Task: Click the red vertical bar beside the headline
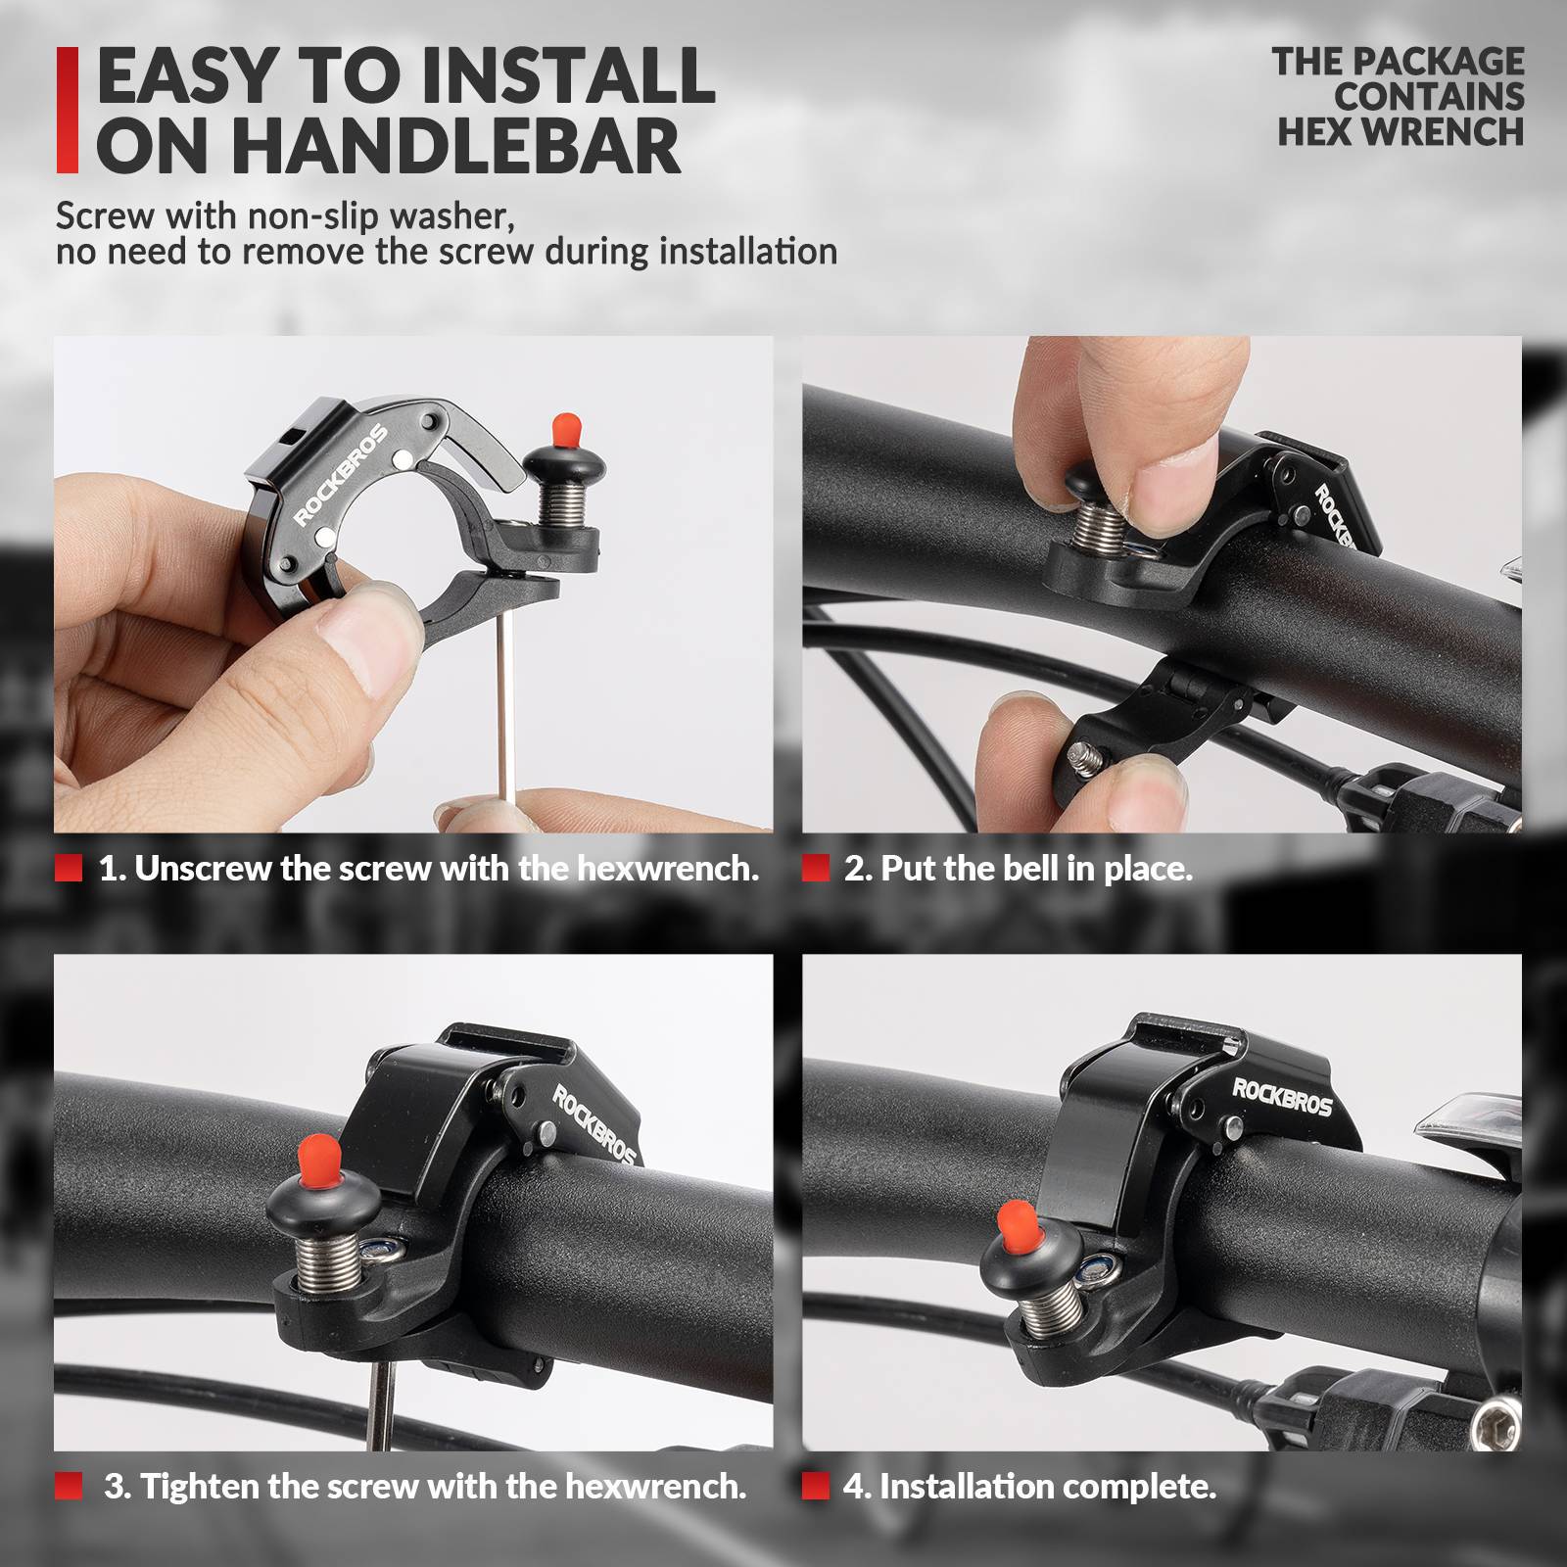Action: click(67, 110)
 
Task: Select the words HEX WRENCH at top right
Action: click(1401, 132)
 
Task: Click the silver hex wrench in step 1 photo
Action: click(505, 705)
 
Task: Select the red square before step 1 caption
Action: click(69, 868)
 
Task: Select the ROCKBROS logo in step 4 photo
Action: click(1282, 1097)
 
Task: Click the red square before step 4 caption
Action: click(815, 1486)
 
